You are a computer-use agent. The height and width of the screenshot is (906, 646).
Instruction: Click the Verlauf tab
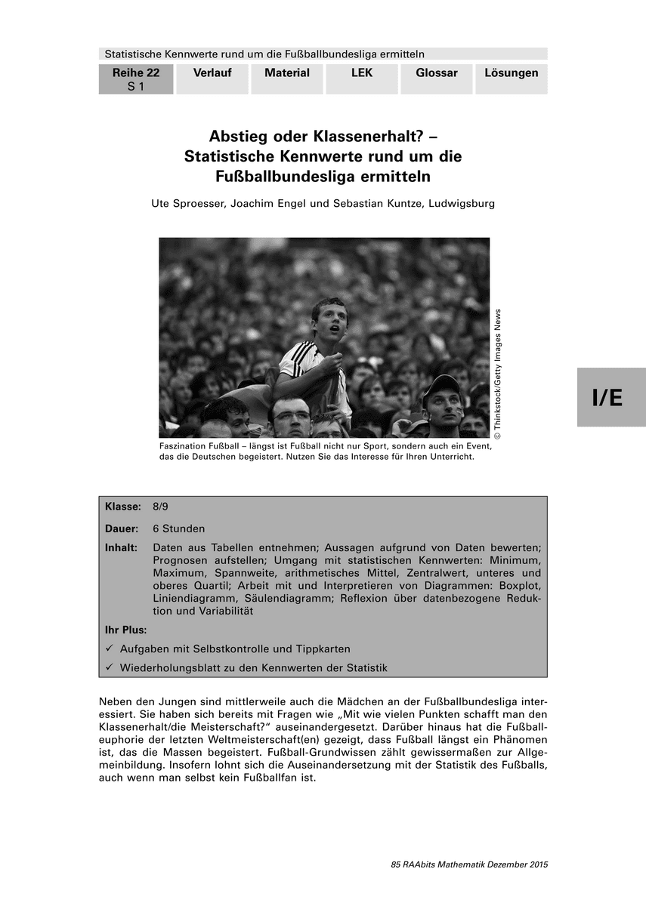coord(212,73)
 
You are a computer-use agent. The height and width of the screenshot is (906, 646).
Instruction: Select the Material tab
coord(287,73)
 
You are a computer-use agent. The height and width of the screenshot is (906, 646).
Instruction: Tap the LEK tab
coord(362,73)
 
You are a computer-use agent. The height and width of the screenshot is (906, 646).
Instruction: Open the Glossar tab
coord(437,73)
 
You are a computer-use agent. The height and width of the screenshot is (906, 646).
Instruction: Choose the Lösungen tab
coord(512,73)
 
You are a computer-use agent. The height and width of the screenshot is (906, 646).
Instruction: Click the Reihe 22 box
coord(136,79)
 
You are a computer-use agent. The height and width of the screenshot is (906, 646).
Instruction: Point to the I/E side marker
coord(607,398)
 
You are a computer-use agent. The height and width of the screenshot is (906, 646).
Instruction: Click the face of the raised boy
coord(329,322)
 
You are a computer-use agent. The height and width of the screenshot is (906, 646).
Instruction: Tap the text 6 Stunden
coord(178,528)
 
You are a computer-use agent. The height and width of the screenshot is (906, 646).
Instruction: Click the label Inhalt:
coord(121,547)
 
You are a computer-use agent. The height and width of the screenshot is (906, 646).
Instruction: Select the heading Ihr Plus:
coord(126,629)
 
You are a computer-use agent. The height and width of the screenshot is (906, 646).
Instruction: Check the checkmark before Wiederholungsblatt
coord(110,667)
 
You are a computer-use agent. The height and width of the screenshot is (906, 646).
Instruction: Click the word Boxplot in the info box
coord(522,585)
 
